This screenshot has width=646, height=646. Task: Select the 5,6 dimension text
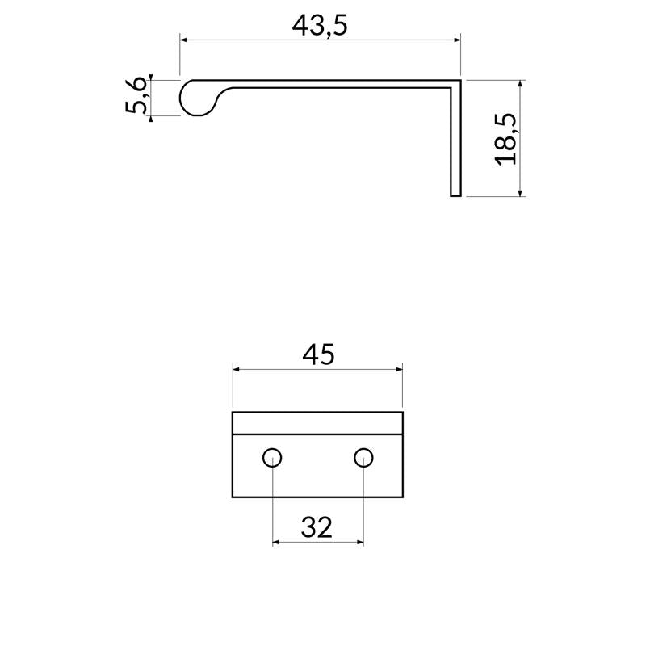click(x=136, y=97)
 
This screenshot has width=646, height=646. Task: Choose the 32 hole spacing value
click(x=317, y=527)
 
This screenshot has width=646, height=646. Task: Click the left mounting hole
click(x=272, y=458)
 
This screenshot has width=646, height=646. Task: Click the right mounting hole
click(x=363, y=458)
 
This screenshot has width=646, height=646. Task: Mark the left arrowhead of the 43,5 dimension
click(x=183, y=39)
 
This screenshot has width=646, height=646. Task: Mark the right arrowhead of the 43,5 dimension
click(x=456, y=39)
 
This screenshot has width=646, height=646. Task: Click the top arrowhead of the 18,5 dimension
click(x=521, y=84)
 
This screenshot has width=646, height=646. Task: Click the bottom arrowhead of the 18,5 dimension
click(x=521, y=191)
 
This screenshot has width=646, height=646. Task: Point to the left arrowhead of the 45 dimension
click(x=237, y=369)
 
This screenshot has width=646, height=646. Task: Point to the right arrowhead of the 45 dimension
click(x=399, y=369)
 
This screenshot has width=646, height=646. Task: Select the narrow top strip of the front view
click(x=317, y=422)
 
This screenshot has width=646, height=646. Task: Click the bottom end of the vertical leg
click(x=455, y=194)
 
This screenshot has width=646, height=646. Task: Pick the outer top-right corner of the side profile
click(x=459, y=80)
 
